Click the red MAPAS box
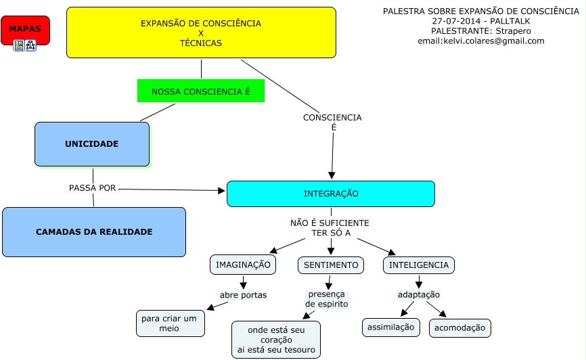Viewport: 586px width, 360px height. (x=25, y=30)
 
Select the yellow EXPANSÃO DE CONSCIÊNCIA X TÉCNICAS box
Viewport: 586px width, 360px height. (x=201, y=32)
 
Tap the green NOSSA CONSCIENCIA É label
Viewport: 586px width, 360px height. (x=200, y=91)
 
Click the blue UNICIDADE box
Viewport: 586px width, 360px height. (x=92, y=144)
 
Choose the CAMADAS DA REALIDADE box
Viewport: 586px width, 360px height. (x=94, y=232)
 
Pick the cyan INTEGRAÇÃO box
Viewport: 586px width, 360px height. (x=330, y=194)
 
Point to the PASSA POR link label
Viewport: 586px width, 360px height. (x=92, y=188)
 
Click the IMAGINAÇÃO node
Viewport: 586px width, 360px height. (x=243, y=265)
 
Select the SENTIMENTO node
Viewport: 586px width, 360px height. (x=330, y=265)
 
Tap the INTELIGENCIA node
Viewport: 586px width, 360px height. (x=418, y=265)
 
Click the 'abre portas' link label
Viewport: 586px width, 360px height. (x=243, y=295)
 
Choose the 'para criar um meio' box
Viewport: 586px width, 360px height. (x=170, y=323)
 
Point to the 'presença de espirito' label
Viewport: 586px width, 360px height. (x=327, y=299)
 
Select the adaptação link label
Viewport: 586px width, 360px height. (x=418, y=295)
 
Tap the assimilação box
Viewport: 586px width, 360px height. (x=390, y=328)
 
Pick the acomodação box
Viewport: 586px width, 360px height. (x=459, y=328)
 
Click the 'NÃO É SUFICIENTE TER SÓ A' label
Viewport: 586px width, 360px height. (x=330, y=228)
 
